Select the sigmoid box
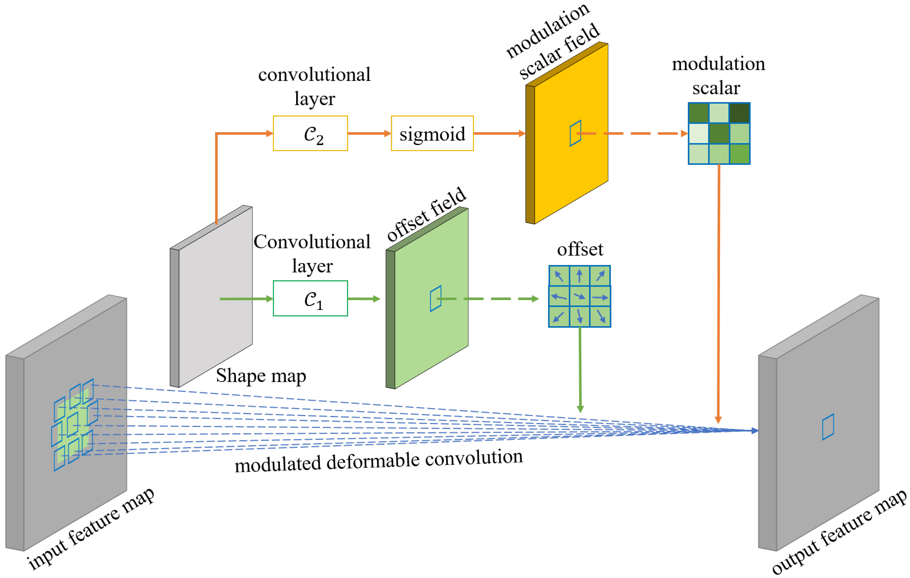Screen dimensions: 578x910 (x=432, y=133)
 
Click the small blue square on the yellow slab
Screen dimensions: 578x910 (x=575, y=133)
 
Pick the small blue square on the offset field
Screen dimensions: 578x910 (x=435, y=298)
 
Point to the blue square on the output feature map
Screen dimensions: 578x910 (x=828, y=427)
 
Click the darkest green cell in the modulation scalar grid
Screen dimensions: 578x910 (x=739, y=113)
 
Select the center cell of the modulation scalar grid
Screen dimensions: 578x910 (x=719, y=133)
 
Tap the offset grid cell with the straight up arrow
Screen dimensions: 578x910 (x=579, y=276)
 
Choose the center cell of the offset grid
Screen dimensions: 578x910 (x=579, y=296)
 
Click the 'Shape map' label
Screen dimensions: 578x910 (x=261, y=376)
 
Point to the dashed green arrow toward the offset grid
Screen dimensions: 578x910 (x=491, y=299)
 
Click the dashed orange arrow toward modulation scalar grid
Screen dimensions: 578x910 (x=635, y=133)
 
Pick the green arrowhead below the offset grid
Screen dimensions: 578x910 (x=580, y=409)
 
